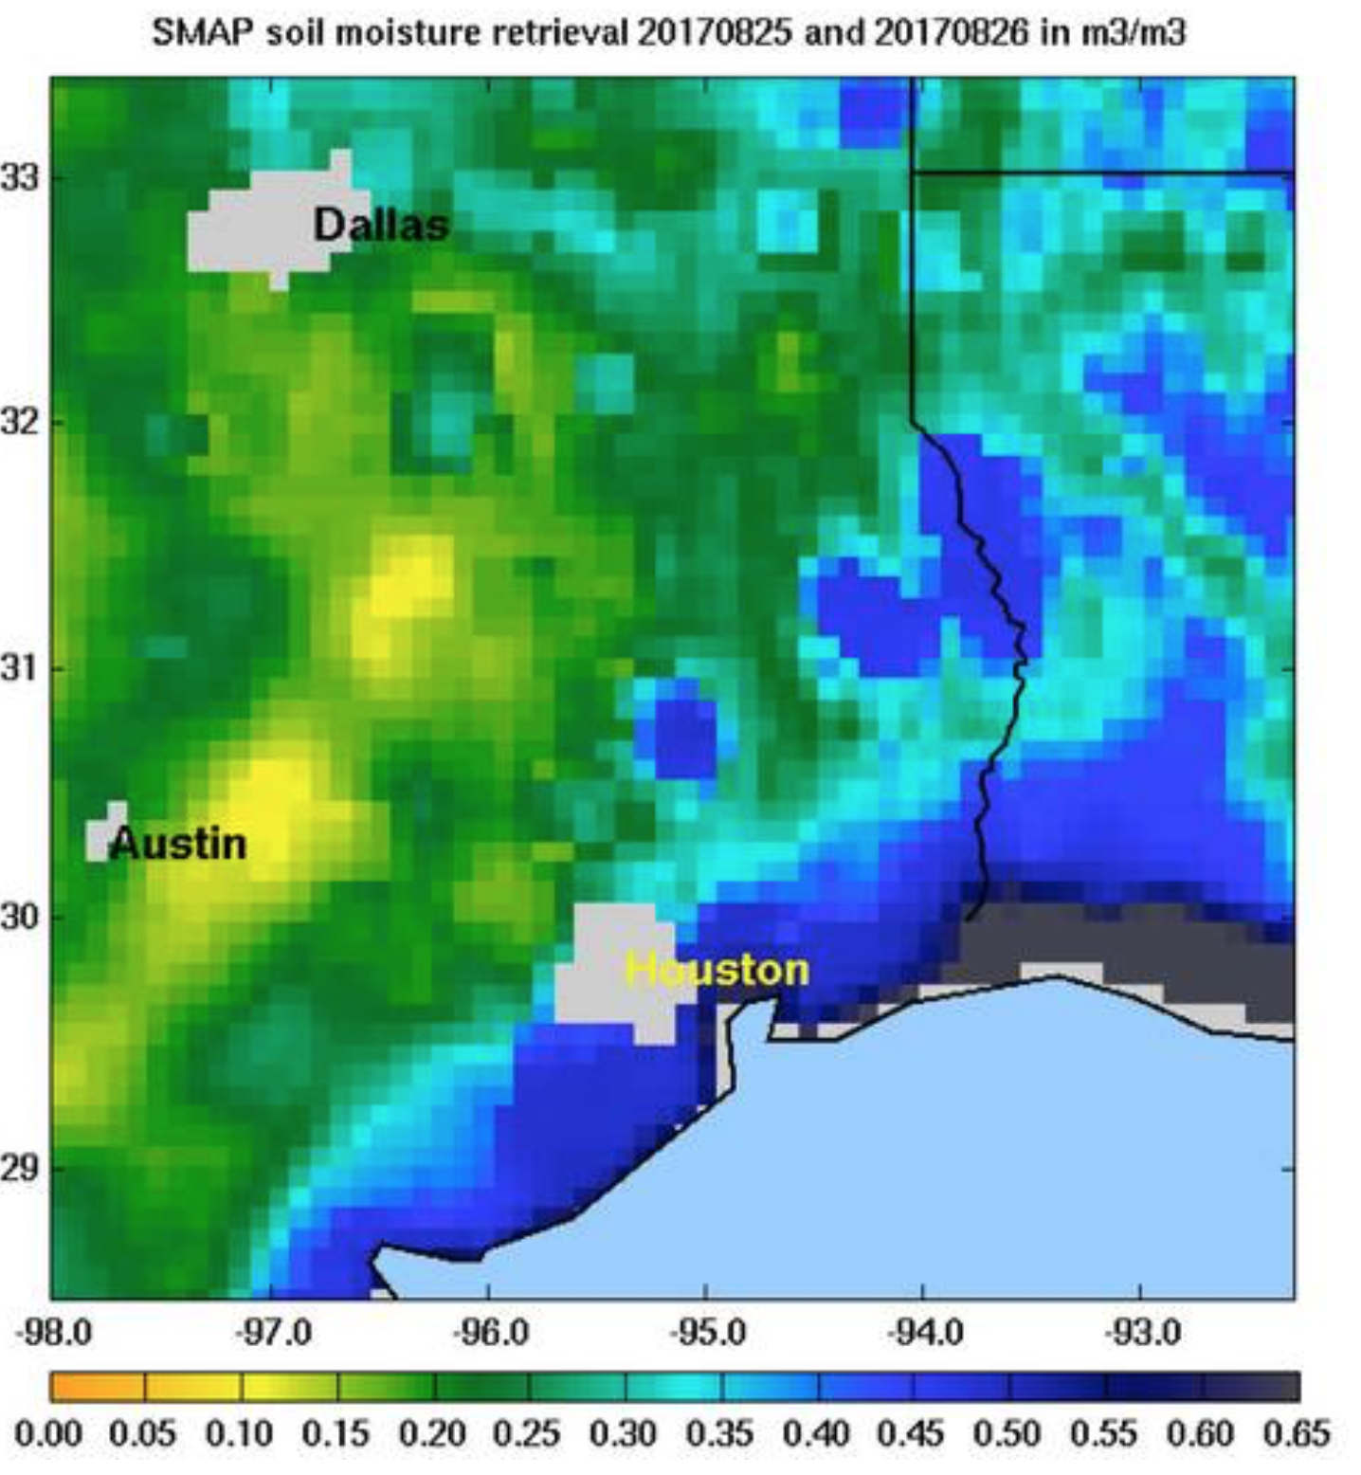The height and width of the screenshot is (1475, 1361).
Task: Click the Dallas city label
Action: (380, 226)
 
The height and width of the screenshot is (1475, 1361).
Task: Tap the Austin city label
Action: (178, 844)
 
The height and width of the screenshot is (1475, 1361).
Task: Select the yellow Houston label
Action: (717, 970)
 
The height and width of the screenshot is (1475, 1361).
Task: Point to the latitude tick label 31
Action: (18, 668)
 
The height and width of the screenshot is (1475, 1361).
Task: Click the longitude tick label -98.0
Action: (54, 1333)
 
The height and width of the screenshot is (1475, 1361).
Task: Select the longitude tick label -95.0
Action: (707, 1333)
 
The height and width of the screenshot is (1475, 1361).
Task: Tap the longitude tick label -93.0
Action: (1141, 1333)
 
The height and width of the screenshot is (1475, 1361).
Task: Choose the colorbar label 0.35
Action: (719, 1433)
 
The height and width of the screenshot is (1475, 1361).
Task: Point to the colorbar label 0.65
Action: (1297, 1433)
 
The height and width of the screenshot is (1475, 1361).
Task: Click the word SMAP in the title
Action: (202, 33)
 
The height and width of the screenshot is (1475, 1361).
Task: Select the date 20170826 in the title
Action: (951, 33)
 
